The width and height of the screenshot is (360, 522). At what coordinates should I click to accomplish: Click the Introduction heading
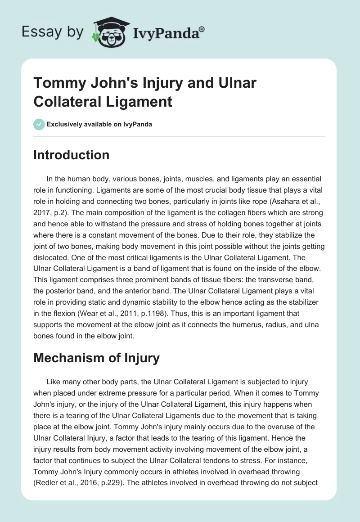tap(71, 155)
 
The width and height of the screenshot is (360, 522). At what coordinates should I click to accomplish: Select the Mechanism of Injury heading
tap(96, 358)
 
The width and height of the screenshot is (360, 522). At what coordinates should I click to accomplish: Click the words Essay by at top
tap(52, 32)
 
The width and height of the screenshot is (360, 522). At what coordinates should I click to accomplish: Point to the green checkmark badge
tap(39, 124)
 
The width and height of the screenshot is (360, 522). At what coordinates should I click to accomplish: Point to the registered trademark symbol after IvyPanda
tap(202, 29)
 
